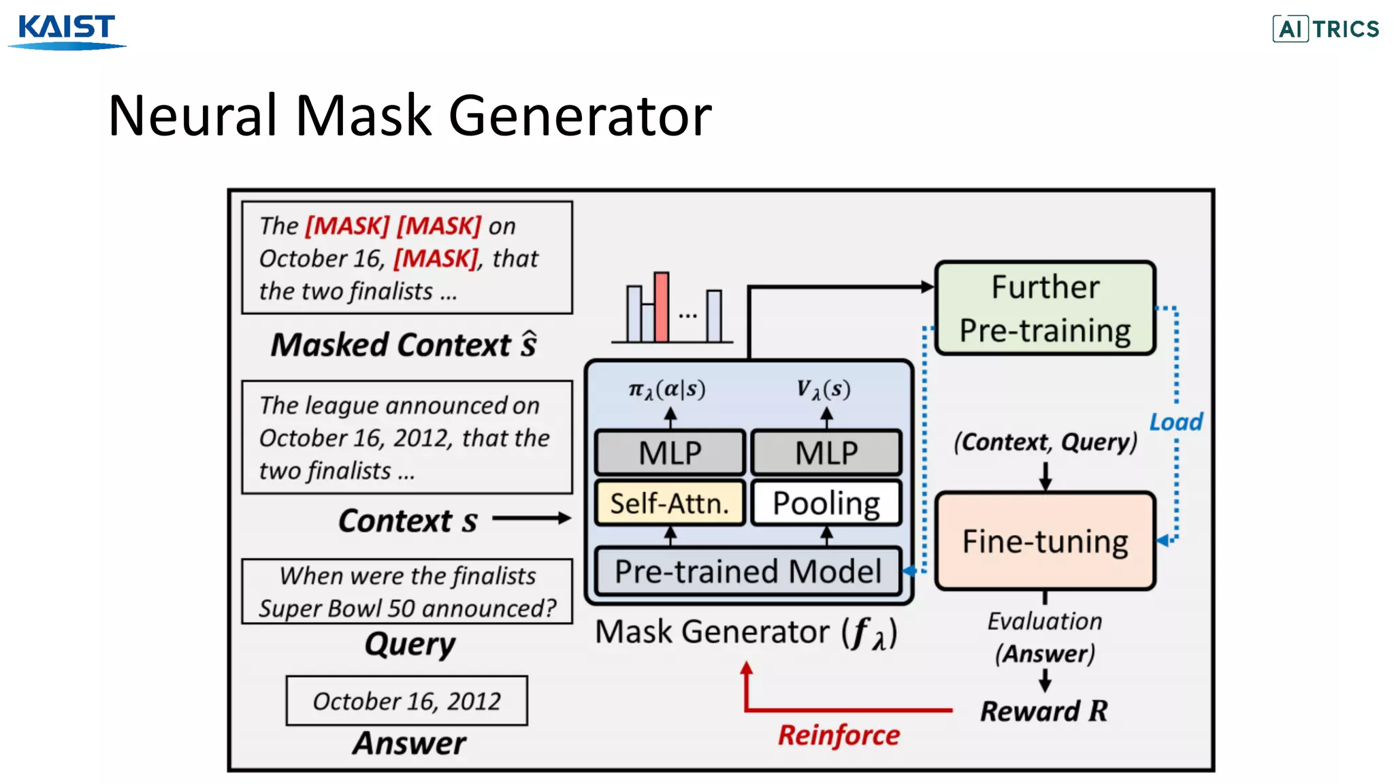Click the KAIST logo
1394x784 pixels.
[x=66, y=30]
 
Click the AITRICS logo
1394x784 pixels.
[x=1325, y=29]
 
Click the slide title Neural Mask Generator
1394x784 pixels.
[x=409, y=116]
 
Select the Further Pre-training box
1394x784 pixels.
[x=1045, y=308]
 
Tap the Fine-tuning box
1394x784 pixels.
[x=1045, y=541]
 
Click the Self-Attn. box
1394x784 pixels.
[x=670, y=504]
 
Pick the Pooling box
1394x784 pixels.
[x=826, y=504]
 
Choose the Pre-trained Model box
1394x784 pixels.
[x=747, y=572]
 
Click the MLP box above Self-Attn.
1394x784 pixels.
[x=670, y=453]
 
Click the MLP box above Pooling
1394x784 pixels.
[x=826, y=453]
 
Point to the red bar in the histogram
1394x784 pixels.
[x=661, y=307]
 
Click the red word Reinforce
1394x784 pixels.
[x=839, y=735]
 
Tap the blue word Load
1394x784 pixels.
[x=1176, y=422]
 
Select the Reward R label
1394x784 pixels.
[x=1043, y=711]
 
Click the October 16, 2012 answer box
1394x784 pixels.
[x=406, y=701]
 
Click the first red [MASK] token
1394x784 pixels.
[x=347, y=226]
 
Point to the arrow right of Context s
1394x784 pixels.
[x=531, y=519]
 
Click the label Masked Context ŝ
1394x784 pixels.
[x=404, y=344]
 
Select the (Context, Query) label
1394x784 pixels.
[x=1045, y=442]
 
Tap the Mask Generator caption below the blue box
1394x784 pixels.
[x=746, y=633]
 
